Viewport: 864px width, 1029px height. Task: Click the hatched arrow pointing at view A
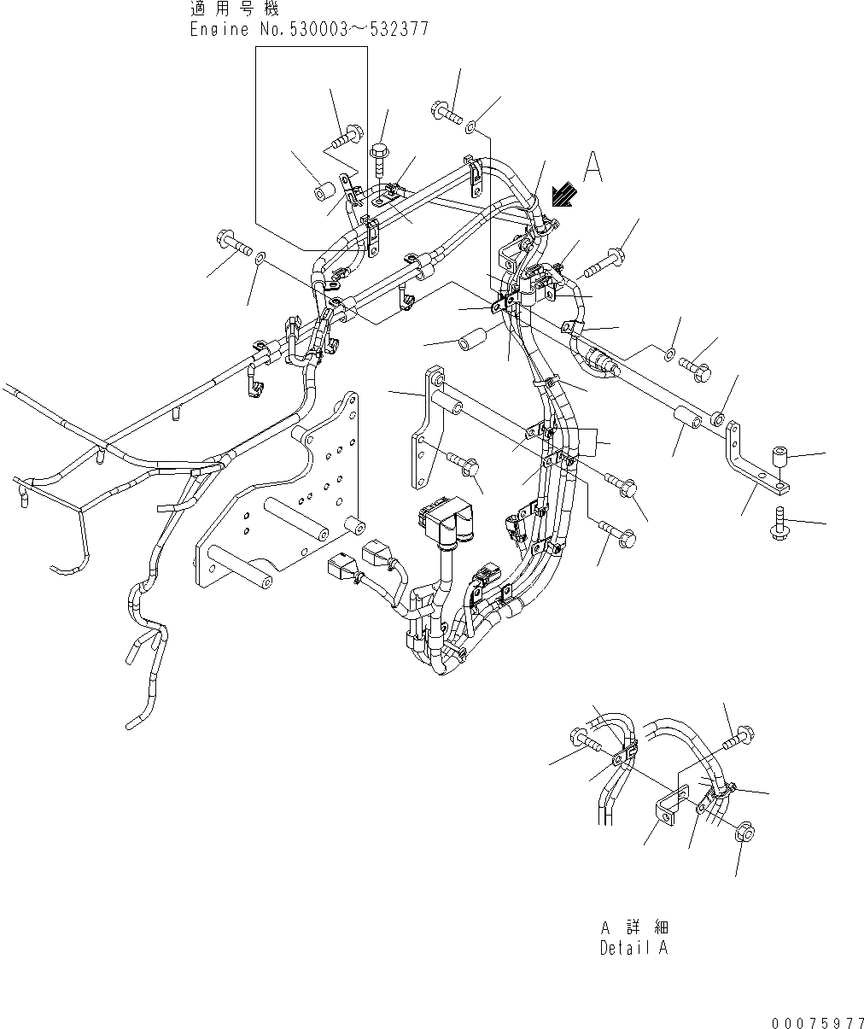[562, 196]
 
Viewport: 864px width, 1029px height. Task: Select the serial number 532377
[399, 29]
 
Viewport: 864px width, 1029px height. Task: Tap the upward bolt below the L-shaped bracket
[779, 523]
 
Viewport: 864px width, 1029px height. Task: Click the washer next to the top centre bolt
[470, 128]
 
